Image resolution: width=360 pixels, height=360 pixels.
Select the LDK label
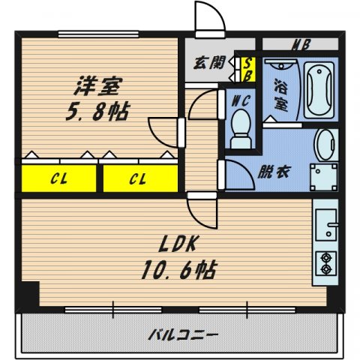tap(178, 244)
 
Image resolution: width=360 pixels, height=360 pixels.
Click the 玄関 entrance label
tap(210, 64)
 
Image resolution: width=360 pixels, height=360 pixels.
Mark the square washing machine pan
tap(323, 178)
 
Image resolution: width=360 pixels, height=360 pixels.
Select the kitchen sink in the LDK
tap(327, 222)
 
